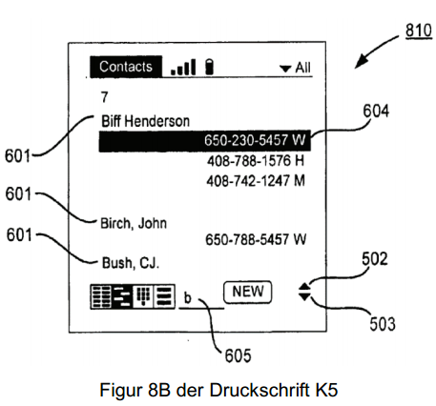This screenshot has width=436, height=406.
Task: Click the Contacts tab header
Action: pyautogui.click(x=126, y=67)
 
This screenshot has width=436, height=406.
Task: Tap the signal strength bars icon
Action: pyautogui.click(x=183, y=68)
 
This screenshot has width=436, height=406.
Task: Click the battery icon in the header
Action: pyautogui.click(x=209, y=67)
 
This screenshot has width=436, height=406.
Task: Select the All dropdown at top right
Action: pyautogui.click(x=295, y=68)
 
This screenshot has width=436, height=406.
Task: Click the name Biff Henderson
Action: pyautogui.click(x=145, y=121)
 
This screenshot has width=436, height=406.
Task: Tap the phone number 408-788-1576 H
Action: pyautogui.click(x=256, y=161)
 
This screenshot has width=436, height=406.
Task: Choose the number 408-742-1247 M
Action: pyautogui.click(x=256, y=181)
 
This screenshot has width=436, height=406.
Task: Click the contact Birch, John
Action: pyautogui.click(x=134, y=223)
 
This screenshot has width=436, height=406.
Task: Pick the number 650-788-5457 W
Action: pyautogui.click(x=256, y=239)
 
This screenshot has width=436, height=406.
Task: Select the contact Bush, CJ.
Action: pyautogui.click(x=131, y=263)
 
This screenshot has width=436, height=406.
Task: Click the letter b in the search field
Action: pyautogui.click(x=188, y=297)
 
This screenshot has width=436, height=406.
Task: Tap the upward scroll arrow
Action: pyautogui.click(x=304, y=287)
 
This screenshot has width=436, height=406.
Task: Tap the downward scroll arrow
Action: pyautogui.click(x=304, y=296)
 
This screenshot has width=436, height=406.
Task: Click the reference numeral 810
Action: pyautogui.click(x=419, y=30)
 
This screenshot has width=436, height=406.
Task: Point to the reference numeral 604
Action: pyautogui.click(x=376, y=112)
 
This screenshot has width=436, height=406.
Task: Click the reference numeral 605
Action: pyautogui.click(x=238, y=355)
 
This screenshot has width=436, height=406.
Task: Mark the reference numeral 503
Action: pyautogui.click(x=383, y=324)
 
